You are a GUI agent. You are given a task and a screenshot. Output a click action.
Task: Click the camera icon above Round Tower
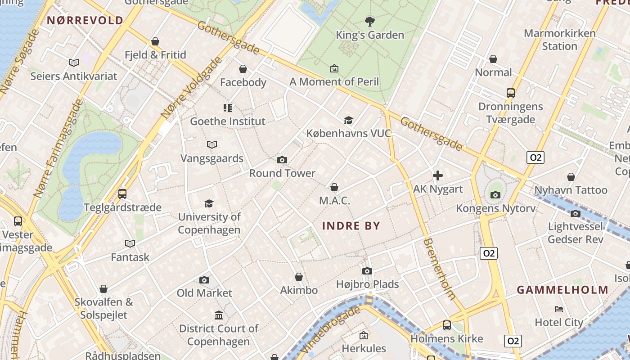coord(282,160)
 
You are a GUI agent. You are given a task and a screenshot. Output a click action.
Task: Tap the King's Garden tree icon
coord(370,21)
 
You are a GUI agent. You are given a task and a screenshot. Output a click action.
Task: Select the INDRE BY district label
coord(351,226)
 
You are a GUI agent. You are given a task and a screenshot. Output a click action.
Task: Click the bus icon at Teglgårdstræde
coord(122,194)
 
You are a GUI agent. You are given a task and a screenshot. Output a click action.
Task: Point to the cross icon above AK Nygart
coord(438,175)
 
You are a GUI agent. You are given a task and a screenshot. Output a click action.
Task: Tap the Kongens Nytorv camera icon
coord(495,195)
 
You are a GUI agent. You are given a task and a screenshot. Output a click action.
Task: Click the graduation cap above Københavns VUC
coord(348,120)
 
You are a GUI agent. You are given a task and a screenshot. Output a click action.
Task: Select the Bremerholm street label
coord(439,269)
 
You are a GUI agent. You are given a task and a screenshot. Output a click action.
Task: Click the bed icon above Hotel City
coord(559,309)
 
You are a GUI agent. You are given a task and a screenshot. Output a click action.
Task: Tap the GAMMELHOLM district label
coord(562,290)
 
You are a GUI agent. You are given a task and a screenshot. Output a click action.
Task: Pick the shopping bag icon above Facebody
coord(243,69)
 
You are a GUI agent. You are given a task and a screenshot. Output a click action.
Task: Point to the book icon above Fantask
coord(130,243)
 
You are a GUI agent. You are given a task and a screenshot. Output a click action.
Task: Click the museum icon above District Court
coord(219,315)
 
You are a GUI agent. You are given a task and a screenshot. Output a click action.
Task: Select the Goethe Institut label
coord(228,121)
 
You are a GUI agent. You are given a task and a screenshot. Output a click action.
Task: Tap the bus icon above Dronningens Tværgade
coord(510,93)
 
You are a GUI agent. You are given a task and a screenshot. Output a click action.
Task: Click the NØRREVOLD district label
coord(85,20)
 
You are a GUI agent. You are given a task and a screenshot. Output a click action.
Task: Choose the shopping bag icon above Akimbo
coord(299,277)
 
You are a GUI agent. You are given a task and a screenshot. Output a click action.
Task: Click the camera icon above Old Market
coord(204,280)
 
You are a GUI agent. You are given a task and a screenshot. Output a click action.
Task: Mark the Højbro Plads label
coord(368,284)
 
